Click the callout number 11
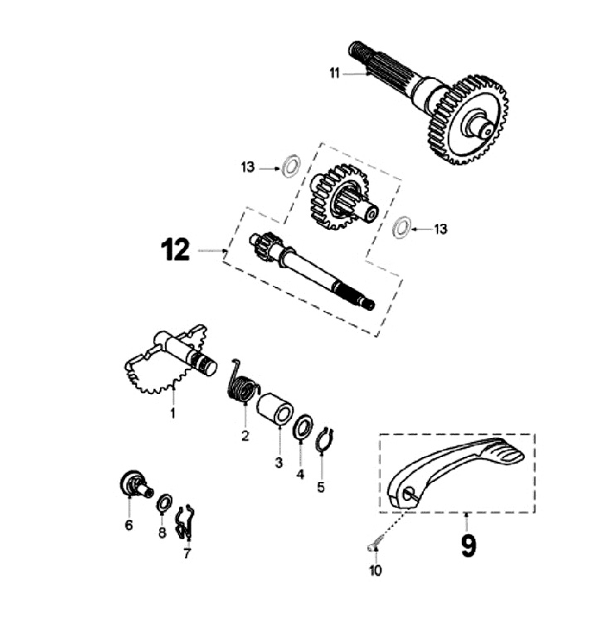[x=334, y=74]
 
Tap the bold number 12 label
[x=176, y=250]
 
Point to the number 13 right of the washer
[x=440, y=229]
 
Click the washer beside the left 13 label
[x=290, y=165]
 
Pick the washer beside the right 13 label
[x=401, y=227]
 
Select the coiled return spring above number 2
[x=242, y=384]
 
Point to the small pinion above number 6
[x=133, y=484]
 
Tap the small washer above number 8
[x=163, y=500]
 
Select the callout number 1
[x=173, y=411]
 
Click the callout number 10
[x=375, y=570]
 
